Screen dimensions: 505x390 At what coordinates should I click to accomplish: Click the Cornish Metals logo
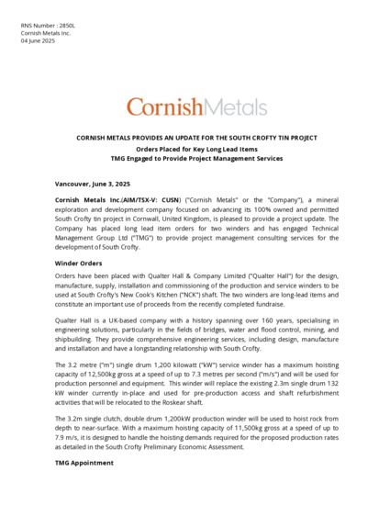[195, 107]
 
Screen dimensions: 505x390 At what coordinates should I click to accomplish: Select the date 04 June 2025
[38, 40]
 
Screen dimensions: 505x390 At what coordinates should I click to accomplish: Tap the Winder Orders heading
[79, 264]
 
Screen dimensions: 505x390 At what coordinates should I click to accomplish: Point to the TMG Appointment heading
[84, 463]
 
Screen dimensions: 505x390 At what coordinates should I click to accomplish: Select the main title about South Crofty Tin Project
[195, 138]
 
